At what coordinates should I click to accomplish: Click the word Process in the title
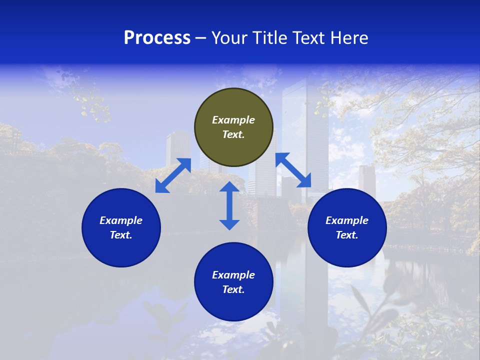(157, 38)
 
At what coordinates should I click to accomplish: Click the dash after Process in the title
(201, 38)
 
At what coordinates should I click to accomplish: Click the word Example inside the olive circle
(233, 120)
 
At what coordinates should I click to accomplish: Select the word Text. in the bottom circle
(233, 289)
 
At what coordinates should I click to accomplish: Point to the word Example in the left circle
(121, 220)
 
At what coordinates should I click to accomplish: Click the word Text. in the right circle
(347, 235)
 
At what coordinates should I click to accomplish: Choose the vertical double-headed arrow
(229, 205)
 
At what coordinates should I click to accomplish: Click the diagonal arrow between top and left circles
(173, 175)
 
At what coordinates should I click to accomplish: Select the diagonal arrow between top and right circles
(293, 170)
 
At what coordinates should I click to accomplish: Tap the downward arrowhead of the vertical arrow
(229, 224)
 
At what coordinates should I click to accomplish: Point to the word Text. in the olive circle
(233, 134)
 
